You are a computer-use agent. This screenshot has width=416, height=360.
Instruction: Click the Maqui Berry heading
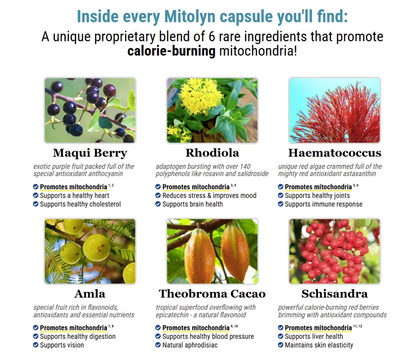[90, 153]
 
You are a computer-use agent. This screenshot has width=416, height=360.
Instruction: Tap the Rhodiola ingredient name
[212, 153]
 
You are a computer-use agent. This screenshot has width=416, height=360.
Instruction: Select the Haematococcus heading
[335, 153]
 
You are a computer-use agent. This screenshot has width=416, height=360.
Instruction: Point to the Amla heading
[90, 294]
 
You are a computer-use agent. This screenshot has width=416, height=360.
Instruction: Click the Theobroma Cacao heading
[212, 294]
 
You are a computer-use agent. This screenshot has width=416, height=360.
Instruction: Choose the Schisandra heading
[335, 294]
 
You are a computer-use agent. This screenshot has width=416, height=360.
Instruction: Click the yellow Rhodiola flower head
[201, 97]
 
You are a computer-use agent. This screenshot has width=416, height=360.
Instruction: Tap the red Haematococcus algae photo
[335, 111]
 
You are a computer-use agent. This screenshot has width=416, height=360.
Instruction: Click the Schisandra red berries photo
[335, 251]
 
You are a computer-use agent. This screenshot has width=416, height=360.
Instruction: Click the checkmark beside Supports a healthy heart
[36, 195]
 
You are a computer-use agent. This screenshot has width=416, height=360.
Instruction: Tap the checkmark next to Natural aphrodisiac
[158, 345]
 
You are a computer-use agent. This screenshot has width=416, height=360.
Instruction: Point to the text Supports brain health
[193, 204]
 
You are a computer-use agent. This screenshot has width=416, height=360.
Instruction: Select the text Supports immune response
[323, 204]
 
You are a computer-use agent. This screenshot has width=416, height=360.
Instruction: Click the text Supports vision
[62, 345]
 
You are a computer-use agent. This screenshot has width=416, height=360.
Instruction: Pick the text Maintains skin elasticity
[319, 345]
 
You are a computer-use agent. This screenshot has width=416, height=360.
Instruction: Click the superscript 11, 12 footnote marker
[357, 326]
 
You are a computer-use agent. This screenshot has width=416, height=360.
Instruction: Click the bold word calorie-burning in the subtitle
[171, 51]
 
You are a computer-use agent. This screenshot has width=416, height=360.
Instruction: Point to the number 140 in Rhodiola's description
[245, 166]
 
